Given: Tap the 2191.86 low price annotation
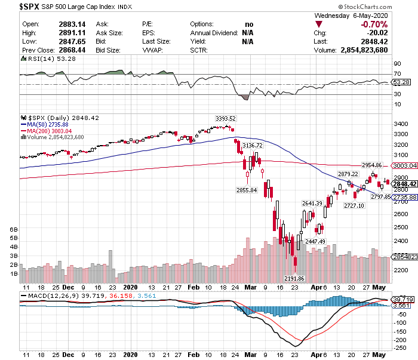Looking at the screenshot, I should (294, 278).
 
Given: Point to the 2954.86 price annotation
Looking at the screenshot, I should (376, 164).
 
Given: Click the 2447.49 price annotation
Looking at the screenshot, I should (315, 241).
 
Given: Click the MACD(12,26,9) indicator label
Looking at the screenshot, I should (50, 296).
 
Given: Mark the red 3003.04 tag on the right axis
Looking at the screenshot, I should (404, 165).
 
